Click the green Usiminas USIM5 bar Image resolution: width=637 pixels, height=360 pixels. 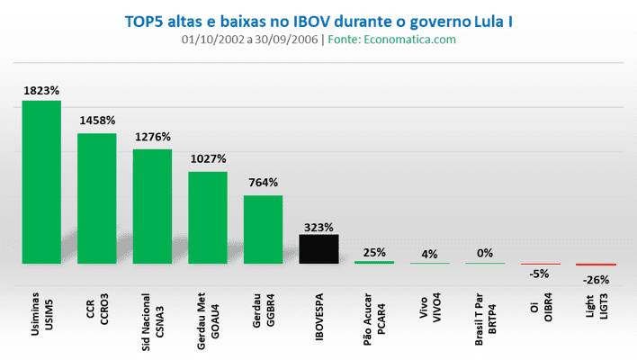click(41, 182)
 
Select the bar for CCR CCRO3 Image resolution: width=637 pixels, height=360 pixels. click(97, 198)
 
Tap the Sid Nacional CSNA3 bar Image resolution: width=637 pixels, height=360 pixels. click(152, 206)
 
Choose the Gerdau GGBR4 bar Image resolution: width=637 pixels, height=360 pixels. click(263, 229)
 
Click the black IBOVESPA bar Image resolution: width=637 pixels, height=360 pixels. click(318, 249)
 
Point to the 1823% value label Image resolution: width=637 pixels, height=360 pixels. click(41, 90)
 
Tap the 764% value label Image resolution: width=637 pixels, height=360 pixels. click(263, 184)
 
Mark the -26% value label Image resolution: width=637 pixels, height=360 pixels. click(596, 280)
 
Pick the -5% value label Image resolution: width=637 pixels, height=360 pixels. click(540, 274)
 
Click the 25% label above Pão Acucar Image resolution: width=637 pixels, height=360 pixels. click(374, 251)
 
